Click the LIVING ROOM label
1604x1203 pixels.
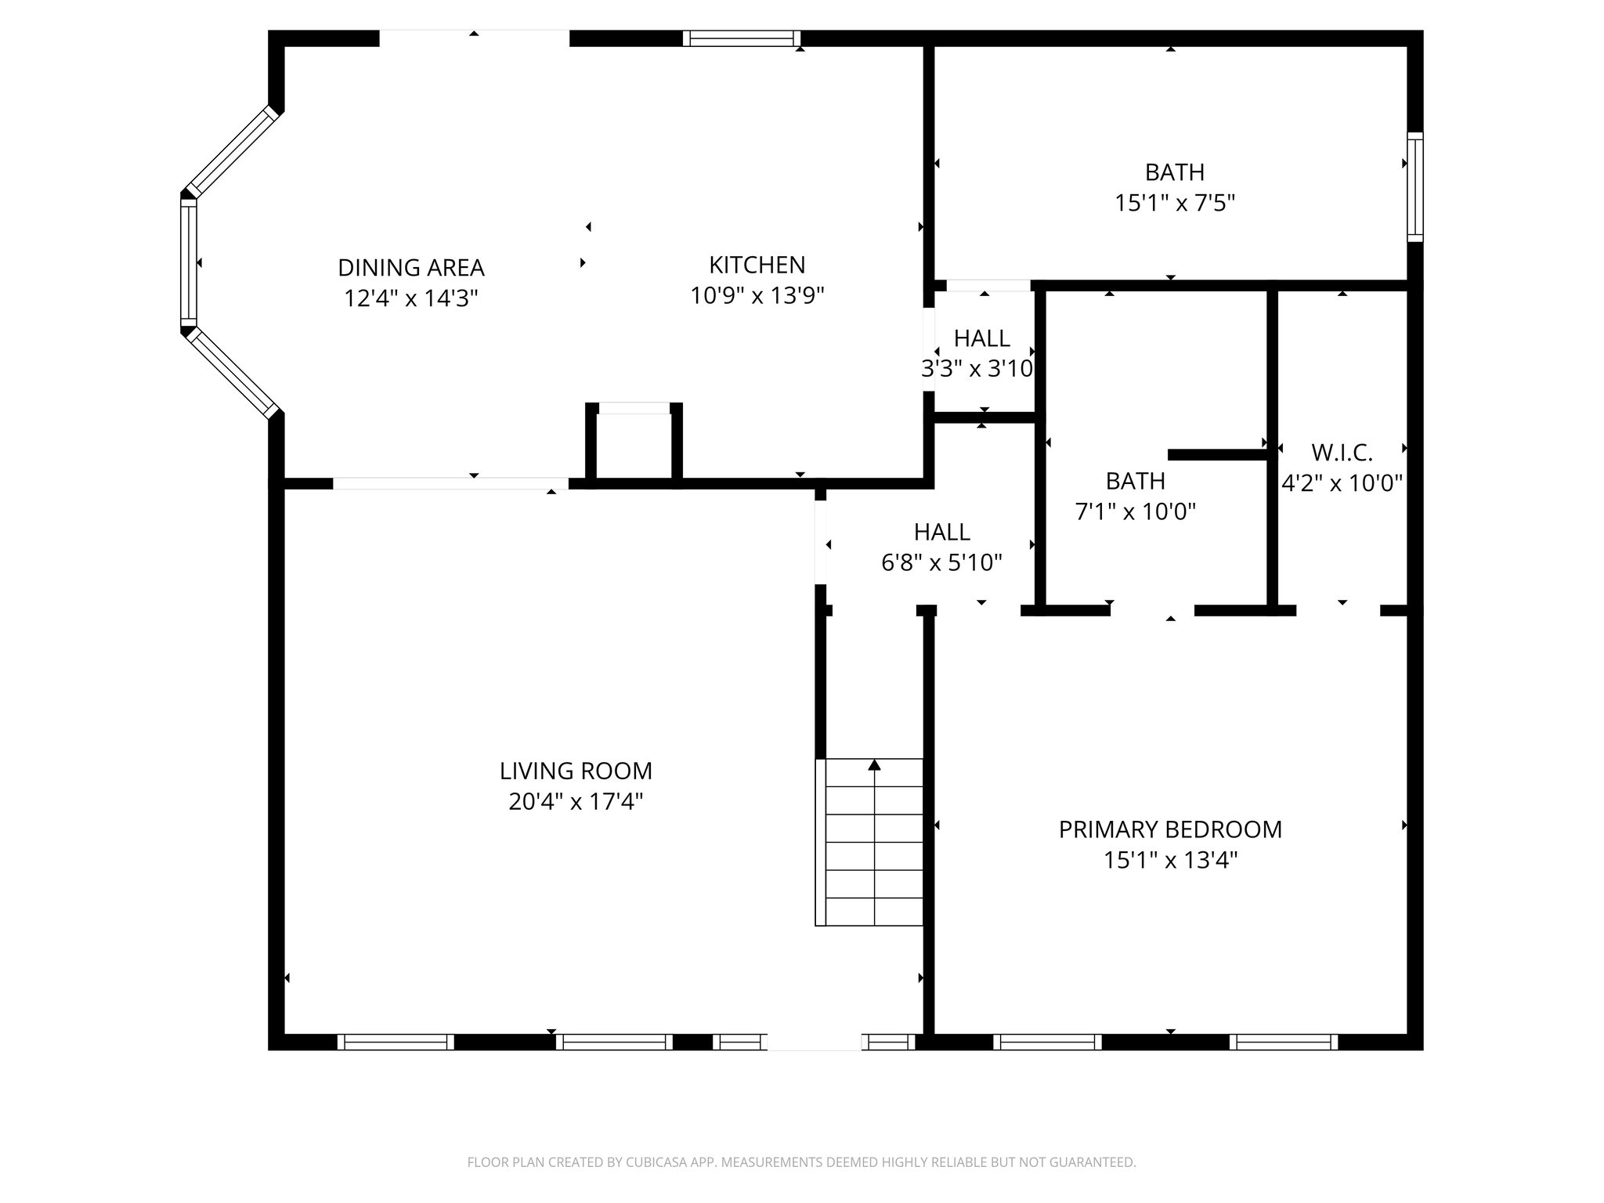(x=576, y=771)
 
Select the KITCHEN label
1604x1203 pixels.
(x=757, y=265)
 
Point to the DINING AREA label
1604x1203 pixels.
(x=411, y=268)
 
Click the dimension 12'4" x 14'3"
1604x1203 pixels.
(x=411, y=298)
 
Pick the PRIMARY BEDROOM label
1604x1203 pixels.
(x=1170, y=829)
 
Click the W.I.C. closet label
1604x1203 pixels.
(x=1342, y=453)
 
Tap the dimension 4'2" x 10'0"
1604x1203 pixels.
(x=1342, y=483)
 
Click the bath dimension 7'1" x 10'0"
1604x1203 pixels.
(x=1136, y=512)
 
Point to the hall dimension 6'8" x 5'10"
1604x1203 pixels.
(x=942, y=563)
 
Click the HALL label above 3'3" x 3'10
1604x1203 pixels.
(x=982, y=338)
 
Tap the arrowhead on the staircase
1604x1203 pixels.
(x=875, y=764)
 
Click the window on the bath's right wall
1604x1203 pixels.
(x=1414, y=186)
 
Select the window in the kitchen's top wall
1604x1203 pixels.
(x=741, y=38)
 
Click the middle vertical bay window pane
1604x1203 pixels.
(x=189, y=262)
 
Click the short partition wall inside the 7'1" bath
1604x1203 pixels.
(x=1216, y=454)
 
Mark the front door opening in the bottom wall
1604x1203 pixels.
(x=814, y=1042)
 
